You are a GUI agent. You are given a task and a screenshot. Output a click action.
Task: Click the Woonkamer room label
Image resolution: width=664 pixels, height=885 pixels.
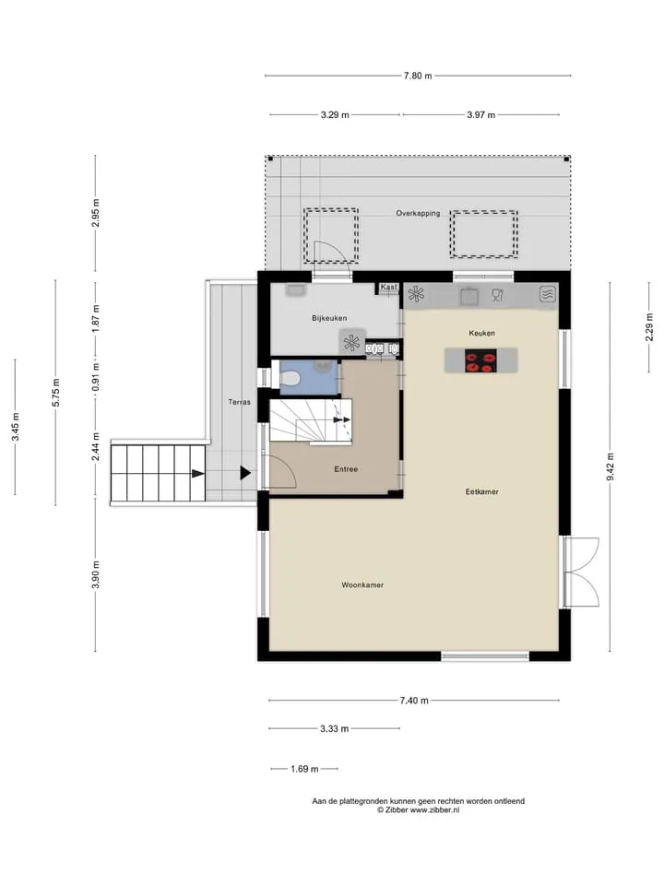tap(362, 584)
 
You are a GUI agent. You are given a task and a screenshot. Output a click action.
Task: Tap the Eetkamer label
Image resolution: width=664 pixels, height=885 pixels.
tap(481, 491)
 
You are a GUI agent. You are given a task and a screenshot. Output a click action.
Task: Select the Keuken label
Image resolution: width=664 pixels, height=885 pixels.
tap(481, 333)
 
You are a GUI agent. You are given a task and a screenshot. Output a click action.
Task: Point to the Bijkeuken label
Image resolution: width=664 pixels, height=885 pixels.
tap(329, 318)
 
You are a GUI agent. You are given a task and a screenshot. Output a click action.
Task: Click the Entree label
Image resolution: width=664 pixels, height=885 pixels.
tap(346, 469)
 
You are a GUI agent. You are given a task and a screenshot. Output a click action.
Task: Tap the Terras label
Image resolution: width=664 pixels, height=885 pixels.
tap(240, 402)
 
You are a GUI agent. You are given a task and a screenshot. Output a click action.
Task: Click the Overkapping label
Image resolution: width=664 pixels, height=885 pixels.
tap(418, 213)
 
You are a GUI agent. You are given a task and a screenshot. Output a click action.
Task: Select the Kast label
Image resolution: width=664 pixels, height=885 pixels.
tap(388, 288)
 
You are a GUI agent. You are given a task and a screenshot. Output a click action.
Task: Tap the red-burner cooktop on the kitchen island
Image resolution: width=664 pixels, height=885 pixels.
tap(481, 360)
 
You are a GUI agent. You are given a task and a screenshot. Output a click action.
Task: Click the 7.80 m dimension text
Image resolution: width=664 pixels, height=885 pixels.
tap(418, 76)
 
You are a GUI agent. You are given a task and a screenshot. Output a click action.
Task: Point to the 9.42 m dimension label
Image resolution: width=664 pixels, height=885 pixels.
tap(610, 466)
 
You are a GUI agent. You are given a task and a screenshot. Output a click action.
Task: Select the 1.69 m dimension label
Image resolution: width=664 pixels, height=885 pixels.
tap(304, 769)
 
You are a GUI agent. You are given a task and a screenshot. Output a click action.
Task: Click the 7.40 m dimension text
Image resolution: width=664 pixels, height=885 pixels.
tap(414, 701)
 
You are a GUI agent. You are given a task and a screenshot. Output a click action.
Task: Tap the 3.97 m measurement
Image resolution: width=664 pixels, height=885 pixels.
tap(481, 115)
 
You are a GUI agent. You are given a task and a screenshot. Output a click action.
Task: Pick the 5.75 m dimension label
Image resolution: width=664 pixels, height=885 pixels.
tap(56, 393)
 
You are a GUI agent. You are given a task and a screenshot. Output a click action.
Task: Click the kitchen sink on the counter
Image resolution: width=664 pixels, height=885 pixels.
tap(469, 296)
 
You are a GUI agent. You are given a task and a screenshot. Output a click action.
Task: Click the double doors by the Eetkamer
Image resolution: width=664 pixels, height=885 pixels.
tap(579, 572)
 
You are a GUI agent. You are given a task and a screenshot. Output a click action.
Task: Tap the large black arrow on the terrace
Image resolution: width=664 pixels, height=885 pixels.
tap(245, 473)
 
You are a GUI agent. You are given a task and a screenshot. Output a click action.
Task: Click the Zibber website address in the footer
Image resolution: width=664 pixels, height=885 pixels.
tap(434, 810)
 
